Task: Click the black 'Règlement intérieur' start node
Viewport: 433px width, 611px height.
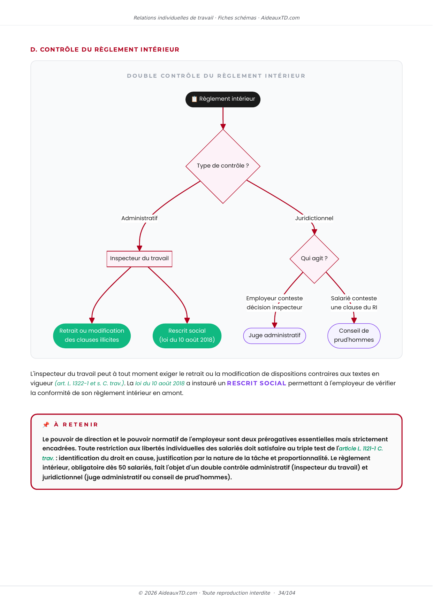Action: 223,99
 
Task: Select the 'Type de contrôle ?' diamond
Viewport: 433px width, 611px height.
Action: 223,167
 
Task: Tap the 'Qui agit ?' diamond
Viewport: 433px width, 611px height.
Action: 314,259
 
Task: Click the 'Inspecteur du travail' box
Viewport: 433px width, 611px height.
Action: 139,259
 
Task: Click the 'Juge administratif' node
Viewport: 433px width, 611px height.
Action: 274,336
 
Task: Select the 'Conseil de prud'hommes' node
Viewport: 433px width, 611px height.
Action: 354,336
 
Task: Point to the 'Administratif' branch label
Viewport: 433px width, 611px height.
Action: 139,218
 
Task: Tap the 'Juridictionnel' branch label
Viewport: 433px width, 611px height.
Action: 314,218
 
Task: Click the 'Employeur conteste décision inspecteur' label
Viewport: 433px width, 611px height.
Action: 274,303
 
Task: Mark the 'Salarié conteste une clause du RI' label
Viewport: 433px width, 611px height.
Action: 354,303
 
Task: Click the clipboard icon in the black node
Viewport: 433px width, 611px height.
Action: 194,99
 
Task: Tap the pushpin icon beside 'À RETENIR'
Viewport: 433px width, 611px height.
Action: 46,425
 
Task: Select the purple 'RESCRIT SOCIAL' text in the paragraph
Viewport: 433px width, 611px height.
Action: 257,383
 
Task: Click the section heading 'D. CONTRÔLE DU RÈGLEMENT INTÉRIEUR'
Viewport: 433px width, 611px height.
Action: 105,49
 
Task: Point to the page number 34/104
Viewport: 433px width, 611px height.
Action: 287,593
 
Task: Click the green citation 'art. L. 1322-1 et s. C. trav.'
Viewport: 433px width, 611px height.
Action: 89,384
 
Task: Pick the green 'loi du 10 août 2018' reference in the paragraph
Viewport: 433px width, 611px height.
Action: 160,384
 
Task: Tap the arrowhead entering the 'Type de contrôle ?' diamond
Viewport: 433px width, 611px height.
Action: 223,126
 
